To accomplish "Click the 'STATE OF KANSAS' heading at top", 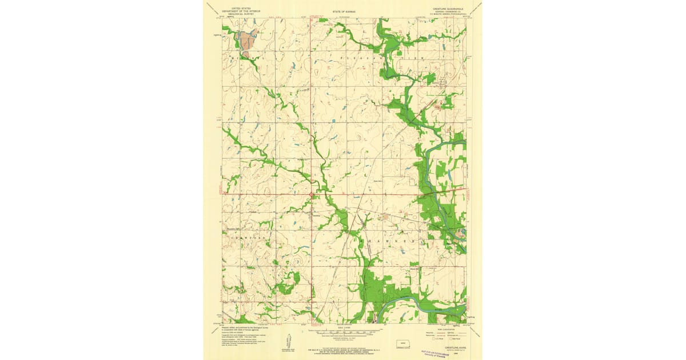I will [x=343, y=11].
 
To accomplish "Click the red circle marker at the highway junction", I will [x=312, y=195].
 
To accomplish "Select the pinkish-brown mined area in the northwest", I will [x=246, y=42].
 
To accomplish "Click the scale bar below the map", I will [x=343, y=331].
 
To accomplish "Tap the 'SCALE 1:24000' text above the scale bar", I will [x=343, y=327].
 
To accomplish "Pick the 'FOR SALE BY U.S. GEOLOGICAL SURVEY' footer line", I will [x=343, y=342].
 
